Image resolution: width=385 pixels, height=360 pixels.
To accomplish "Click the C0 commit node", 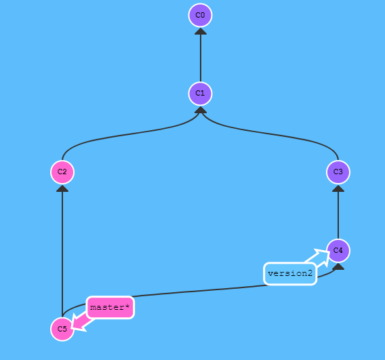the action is pos(200,15).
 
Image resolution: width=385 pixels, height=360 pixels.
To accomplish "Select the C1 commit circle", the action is pos(200,94).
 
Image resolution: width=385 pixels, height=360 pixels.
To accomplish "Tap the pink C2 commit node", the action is pos(62,172).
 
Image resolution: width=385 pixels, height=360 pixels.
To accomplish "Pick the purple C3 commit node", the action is pos(338,172).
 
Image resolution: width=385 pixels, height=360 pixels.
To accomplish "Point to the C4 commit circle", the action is pos(338,250).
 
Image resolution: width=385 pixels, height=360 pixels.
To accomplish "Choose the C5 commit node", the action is pos(62,329).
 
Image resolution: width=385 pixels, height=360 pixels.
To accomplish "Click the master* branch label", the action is pos(110,307).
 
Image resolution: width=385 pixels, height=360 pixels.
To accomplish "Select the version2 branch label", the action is pos(290,274).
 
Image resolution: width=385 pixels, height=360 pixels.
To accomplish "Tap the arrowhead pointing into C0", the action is pos(201,31).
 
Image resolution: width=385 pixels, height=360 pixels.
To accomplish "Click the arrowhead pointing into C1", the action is pos(201,110).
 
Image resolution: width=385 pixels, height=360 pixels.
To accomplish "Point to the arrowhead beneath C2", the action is pos(62,188).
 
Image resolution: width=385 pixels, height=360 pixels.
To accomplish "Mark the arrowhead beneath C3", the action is pos(338,188).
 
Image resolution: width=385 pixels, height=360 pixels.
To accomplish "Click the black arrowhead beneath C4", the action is pos(338,266).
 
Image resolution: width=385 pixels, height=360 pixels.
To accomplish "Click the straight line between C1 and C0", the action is pos(201,58).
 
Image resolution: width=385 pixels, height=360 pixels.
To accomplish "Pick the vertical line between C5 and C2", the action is pos(62,254).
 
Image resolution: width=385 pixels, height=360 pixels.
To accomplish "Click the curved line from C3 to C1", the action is pos(270,134).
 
